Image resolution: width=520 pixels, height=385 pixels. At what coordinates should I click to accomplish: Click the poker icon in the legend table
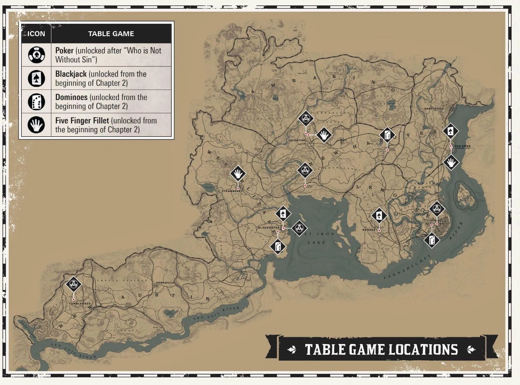point(36,55)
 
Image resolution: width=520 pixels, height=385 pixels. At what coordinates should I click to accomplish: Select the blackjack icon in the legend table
point(36,78)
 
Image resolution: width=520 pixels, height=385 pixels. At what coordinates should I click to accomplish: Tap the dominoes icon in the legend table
point(36,102)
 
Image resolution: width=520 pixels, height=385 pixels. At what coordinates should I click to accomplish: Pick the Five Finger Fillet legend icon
point(36,125)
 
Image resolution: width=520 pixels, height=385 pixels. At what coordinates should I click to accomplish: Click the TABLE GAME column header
point(111,34)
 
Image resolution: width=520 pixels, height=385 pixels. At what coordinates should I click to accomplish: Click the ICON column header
point(36,34)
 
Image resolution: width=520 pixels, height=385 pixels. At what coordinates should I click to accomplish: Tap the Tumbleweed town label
point(79,304)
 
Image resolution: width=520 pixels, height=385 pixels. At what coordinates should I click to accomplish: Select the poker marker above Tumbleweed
point(73,284)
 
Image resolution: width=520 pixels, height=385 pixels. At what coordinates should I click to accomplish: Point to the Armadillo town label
point(165,283)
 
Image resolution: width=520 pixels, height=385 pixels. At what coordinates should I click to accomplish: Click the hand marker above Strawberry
point(238,174)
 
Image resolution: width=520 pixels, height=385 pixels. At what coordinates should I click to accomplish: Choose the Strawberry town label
point(232,191)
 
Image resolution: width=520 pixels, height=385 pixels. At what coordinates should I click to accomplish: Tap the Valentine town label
point(297,140)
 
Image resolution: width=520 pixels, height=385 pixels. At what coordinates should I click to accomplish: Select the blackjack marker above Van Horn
point(450,131)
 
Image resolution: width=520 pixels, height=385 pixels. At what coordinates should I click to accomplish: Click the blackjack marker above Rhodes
point(379,216)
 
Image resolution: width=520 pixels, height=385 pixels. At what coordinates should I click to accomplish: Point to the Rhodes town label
point(369,230)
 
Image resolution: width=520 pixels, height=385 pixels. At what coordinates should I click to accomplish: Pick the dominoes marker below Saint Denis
point(432,240)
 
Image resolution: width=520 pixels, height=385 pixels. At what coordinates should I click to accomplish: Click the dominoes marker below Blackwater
point(278,246)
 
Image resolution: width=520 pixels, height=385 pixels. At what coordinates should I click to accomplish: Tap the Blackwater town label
point(269,227)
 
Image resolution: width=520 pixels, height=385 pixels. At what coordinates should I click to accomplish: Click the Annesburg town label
point(434,108)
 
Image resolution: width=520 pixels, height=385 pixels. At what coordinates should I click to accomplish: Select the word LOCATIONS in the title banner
point(423,350)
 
